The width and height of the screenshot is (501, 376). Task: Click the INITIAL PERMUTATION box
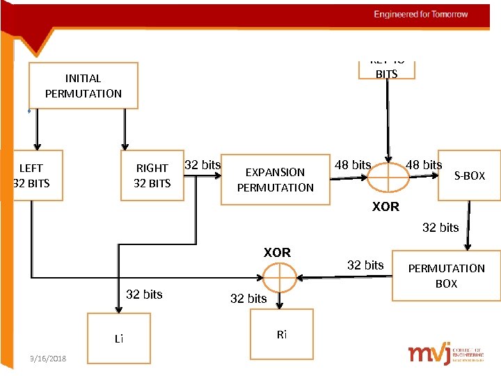tap(83, 86)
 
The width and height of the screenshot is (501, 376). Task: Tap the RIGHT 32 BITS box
tap(152, 175)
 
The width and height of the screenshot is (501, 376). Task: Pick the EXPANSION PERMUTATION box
tap(276, 179)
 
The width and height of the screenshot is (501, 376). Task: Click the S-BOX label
tap(470, 176)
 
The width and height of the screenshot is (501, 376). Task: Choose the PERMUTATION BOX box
tap(447, 276)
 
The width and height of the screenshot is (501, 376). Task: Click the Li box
tap(119, 338)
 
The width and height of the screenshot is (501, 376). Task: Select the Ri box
tap(281, 335)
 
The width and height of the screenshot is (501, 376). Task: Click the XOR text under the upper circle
tap(385, 207)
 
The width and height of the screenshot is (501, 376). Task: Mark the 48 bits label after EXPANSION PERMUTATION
tap(353, 165)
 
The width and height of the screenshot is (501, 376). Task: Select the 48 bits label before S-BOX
tap(424, 165)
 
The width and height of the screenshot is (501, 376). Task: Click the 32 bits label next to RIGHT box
tap(202, 165)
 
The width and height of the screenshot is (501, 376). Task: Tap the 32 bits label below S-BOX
tap(440, 228)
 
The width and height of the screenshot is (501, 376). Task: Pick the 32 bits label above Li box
tap(144, 295)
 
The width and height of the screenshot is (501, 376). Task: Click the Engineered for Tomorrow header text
tap(421, 14)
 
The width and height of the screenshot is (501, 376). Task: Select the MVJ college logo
tap(446, 354)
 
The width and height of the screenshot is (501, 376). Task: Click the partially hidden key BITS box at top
tap(386, 70)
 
